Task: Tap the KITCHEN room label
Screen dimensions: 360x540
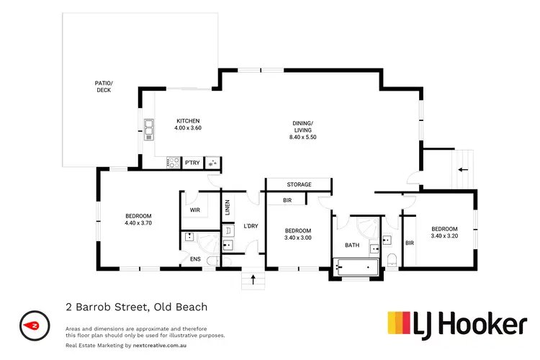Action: click(x=188, y=120)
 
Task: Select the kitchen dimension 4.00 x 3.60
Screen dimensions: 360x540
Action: click(x=188, y=128)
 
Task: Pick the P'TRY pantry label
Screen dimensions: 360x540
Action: click(x=192, y=163)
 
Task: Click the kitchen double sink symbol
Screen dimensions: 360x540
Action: click(x=149, y=128)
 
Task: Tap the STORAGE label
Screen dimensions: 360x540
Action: click(x=299, y=185)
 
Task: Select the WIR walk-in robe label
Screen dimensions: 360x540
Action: click(x=194, y=210)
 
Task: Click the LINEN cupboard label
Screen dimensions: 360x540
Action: click(x=227, y=207)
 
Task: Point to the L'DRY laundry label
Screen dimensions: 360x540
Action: click(x=251, y=226)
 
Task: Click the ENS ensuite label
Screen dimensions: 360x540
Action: click(x=195, y=259)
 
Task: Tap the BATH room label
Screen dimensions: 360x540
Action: click(x=352, y=246)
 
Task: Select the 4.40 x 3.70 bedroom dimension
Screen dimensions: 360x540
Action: click(x=138, y=223)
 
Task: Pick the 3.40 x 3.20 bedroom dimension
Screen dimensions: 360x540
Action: click(x=444, y=235)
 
